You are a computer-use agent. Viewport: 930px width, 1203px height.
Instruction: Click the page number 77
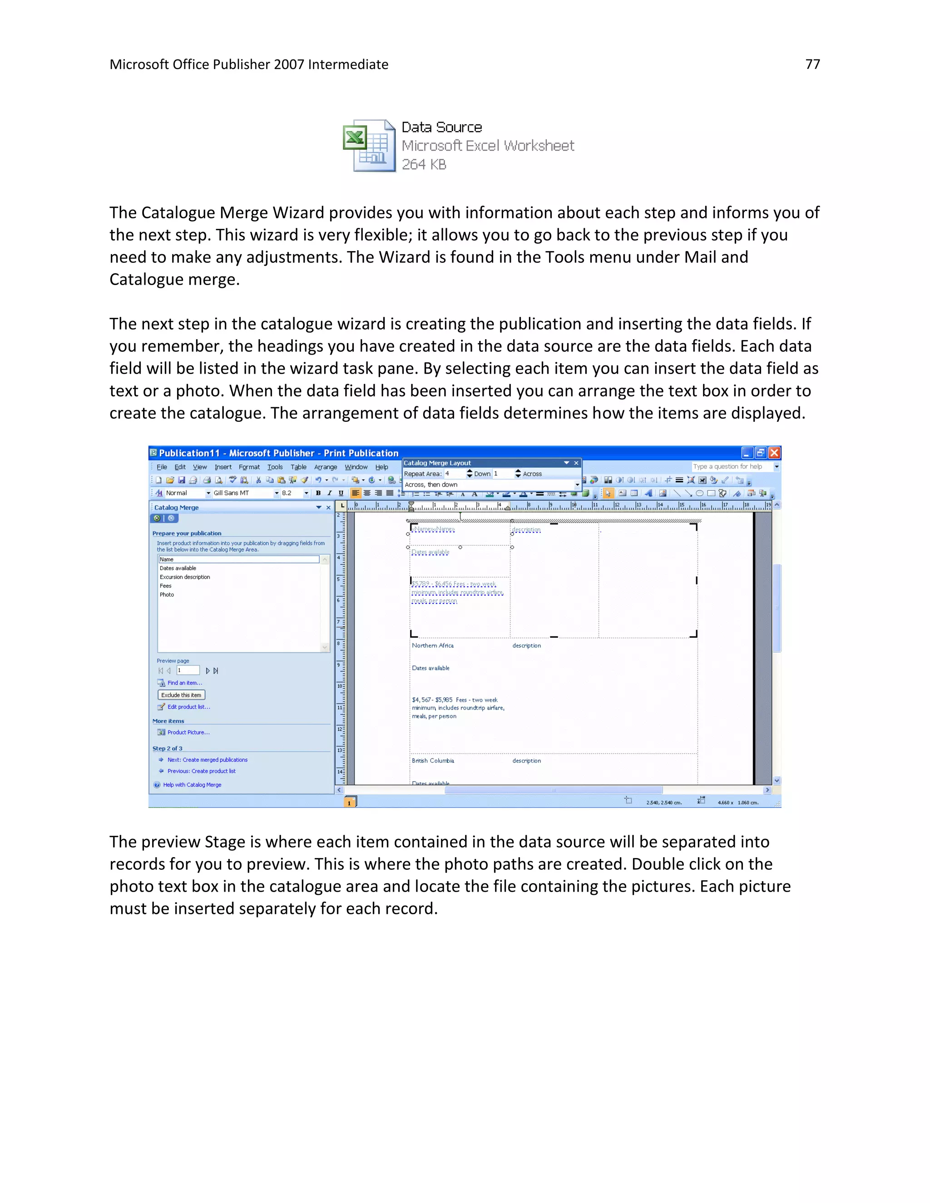tap(812, 64)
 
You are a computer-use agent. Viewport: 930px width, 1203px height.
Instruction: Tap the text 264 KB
tap(424, 165)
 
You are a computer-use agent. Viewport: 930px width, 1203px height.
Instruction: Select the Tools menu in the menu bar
tap(274, 467)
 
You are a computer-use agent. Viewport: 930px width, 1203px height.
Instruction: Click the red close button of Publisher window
tap(774, 453)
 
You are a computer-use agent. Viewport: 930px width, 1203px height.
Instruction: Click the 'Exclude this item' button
tap(181, 695)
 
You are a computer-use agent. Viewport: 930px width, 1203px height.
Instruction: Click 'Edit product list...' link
tap(188, 707)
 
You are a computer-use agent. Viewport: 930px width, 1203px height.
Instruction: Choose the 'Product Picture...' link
tap(188, 733)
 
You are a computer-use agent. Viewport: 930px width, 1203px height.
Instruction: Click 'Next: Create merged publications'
tap(207, 760)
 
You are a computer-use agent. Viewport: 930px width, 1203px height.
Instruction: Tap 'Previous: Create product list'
tap(201, 771)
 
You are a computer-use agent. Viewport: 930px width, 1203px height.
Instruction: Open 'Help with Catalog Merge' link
tap(192, 785)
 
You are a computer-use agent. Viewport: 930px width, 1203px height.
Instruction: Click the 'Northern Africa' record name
tap(432, 646)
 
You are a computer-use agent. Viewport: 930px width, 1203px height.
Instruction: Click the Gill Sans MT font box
tap(242, 493)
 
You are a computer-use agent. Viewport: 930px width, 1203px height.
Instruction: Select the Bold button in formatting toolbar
tap(318, 493)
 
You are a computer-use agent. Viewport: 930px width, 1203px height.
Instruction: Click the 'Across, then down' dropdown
tap(490, 485)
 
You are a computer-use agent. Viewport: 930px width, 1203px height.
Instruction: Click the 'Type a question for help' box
tap(731, 467)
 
